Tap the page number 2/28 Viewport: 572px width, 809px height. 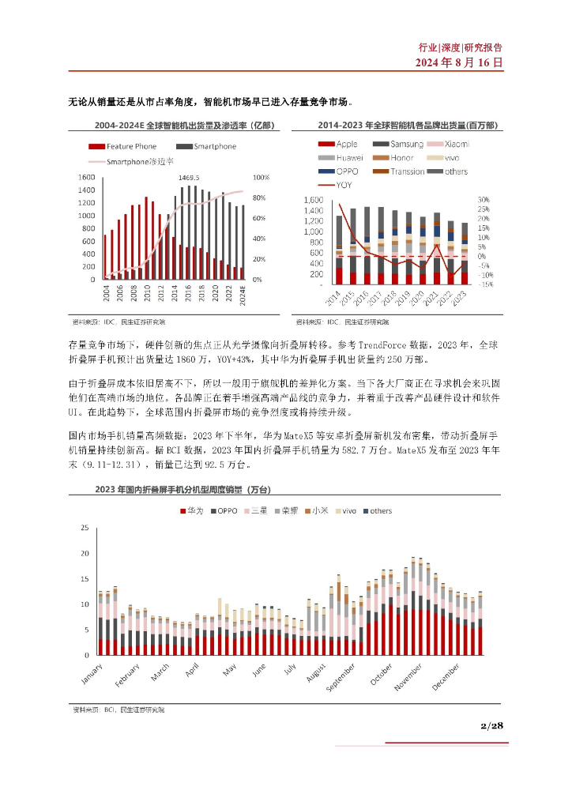tap(491, 725)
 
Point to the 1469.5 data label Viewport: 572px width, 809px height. tap(189, 178)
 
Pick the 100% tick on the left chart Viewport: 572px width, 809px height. tap(261, 177)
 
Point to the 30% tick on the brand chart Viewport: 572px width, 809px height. tap(484, 200)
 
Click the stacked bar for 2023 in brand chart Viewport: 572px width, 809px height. tap(465, 254)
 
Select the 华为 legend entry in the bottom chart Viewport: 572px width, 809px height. tap(194, 511)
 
